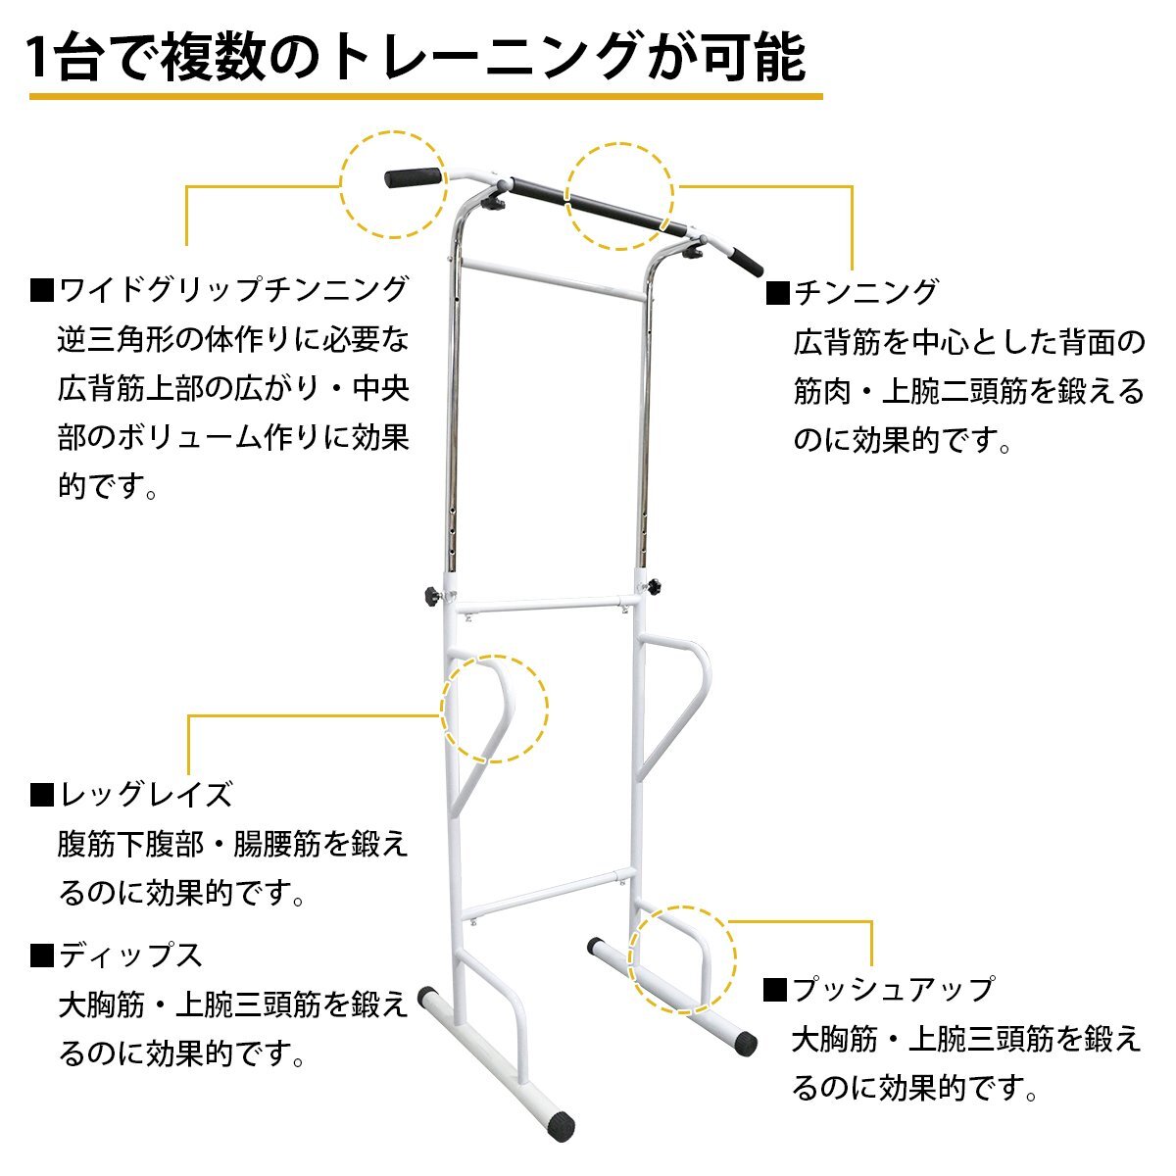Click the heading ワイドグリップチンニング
pos(233,289)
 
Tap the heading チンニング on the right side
pos(865,292)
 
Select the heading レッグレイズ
pos(146,795)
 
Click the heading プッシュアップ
pos(894,990)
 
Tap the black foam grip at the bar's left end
pos(414,177)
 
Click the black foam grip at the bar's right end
pos(746,262)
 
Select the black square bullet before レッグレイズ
pos(42,795)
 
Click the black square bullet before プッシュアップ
pos(775,990)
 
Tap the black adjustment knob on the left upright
pos(433,593)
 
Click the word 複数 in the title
pos(213,58)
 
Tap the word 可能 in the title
pos(754,58)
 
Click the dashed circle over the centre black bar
pos(619,143)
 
